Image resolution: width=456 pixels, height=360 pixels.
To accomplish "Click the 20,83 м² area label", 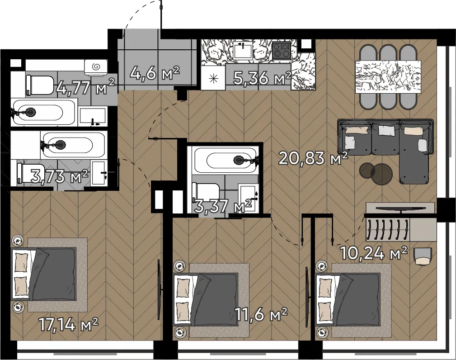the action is [313, 158].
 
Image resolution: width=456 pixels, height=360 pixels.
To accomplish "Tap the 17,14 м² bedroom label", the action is [69, 324].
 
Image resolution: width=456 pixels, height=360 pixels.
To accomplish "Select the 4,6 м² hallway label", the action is [155, 73].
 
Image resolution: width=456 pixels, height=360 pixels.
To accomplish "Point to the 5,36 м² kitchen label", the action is [262, 78].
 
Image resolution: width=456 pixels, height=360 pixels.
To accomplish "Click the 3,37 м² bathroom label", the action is [224, 206].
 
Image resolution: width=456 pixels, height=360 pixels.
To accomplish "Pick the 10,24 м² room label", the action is [373, 253].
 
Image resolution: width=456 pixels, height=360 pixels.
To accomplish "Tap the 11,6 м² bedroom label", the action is [261, 315].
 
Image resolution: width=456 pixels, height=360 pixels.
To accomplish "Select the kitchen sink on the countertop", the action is [243, 50].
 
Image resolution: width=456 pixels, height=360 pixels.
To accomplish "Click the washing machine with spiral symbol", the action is [96, 67].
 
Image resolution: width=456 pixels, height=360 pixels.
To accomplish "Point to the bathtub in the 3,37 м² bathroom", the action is [226, 160].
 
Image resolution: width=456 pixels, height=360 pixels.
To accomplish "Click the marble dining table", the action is [388, 76].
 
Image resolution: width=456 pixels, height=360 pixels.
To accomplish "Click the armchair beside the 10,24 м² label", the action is [423, 256].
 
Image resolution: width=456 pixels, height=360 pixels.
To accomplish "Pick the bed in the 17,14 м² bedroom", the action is [44, 274].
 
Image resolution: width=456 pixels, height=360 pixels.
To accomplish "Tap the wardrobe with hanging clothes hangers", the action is [386, 230].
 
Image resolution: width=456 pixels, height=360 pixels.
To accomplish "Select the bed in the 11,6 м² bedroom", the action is [206, 299].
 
